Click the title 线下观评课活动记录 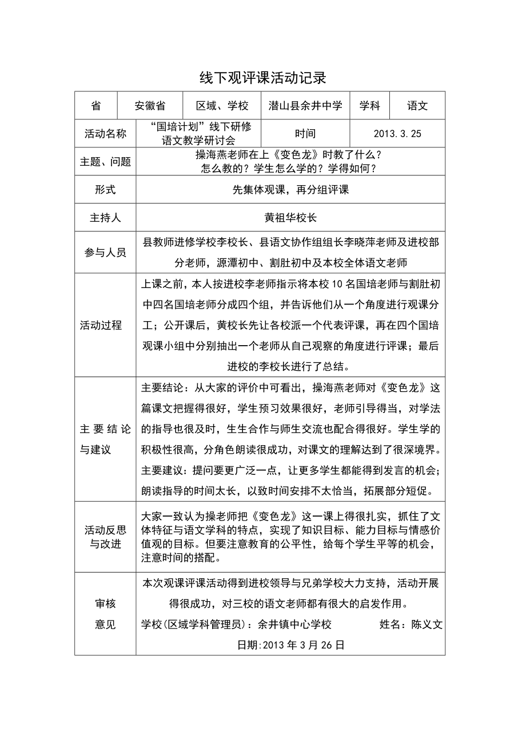(x=262, y=77)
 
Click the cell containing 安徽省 (x=150, y=106)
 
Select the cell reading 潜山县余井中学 (x=305, y=106)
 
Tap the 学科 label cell (x=369, y=106)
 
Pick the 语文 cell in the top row (x=417, y=106)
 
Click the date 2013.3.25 (x=397, y=134)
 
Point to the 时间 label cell (x=305, y=134)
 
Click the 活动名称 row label (x=105, y=134)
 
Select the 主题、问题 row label (x=105, y=162)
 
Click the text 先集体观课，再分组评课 (x=290, y=190)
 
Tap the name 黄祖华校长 (x=290, y=218)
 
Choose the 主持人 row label (x=105, y=218)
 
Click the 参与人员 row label (x=105, y=252)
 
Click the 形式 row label (x=105, y=190)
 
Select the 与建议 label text (x=95, y=449)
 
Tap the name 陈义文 (x=427, y=625)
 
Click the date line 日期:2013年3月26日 (x=290, y=645)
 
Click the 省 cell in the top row (x=95, y=106)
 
